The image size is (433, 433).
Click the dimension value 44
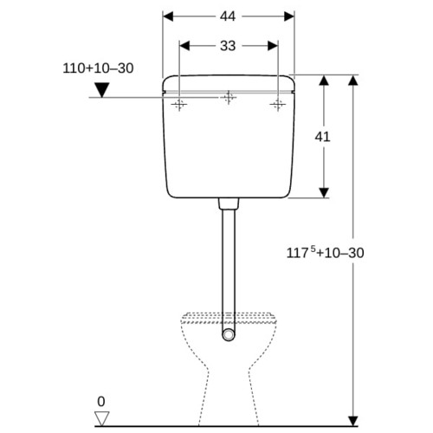coord(228,16)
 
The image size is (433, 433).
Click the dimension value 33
coord(228,46)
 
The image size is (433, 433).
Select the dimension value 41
coord(322,137)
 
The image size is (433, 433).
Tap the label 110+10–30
coord(98,68)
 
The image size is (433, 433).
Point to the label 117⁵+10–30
coord(325,253)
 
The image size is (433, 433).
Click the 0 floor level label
coord(101,402)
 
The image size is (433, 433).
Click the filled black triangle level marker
coord(102,90)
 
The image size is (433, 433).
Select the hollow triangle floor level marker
coord(102,418)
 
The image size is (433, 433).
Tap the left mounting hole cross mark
coord(179,104)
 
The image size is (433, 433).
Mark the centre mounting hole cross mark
coord(229,97)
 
